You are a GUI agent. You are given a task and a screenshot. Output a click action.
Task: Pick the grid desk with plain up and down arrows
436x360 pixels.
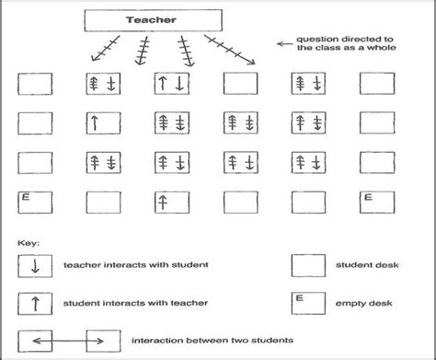click(x=171, y=84)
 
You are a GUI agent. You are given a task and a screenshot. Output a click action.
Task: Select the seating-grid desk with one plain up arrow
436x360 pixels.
click(x=103, y=122)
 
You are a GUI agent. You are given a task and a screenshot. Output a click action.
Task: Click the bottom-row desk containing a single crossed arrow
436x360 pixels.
click(x=171, y=201)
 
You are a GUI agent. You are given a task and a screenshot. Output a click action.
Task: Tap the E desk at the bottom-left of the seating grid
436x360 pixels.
click(x=34, y=201)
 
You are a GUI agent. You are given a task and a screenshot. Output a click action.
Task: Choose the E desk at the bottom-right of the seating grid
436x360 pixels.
click(x=377, y=201)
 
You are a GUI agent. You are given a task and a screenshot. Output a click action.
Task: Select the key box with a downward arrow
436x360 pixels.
click(x=35, y=266)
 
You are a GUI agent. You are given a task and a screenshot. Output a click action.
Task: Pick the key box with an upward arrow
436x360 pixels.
click(x=35, y=302)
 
